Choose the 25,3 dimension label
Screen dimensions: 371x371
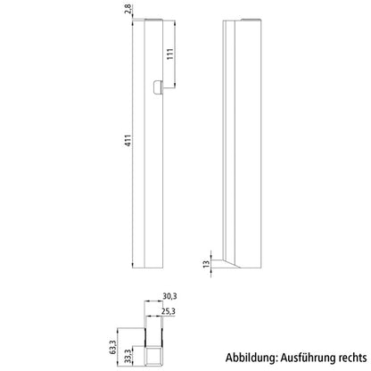click(169, 312)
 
